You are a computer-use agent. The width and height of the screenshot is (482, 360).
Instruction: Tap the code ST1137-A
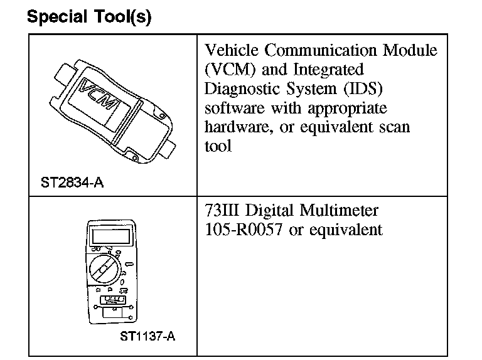[147, 337]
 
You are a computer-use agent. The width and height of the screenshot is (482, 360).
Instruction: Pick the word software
[235, 108]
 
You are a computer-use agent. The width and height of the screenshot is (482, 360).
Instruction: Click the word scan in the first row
[395, 127]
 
